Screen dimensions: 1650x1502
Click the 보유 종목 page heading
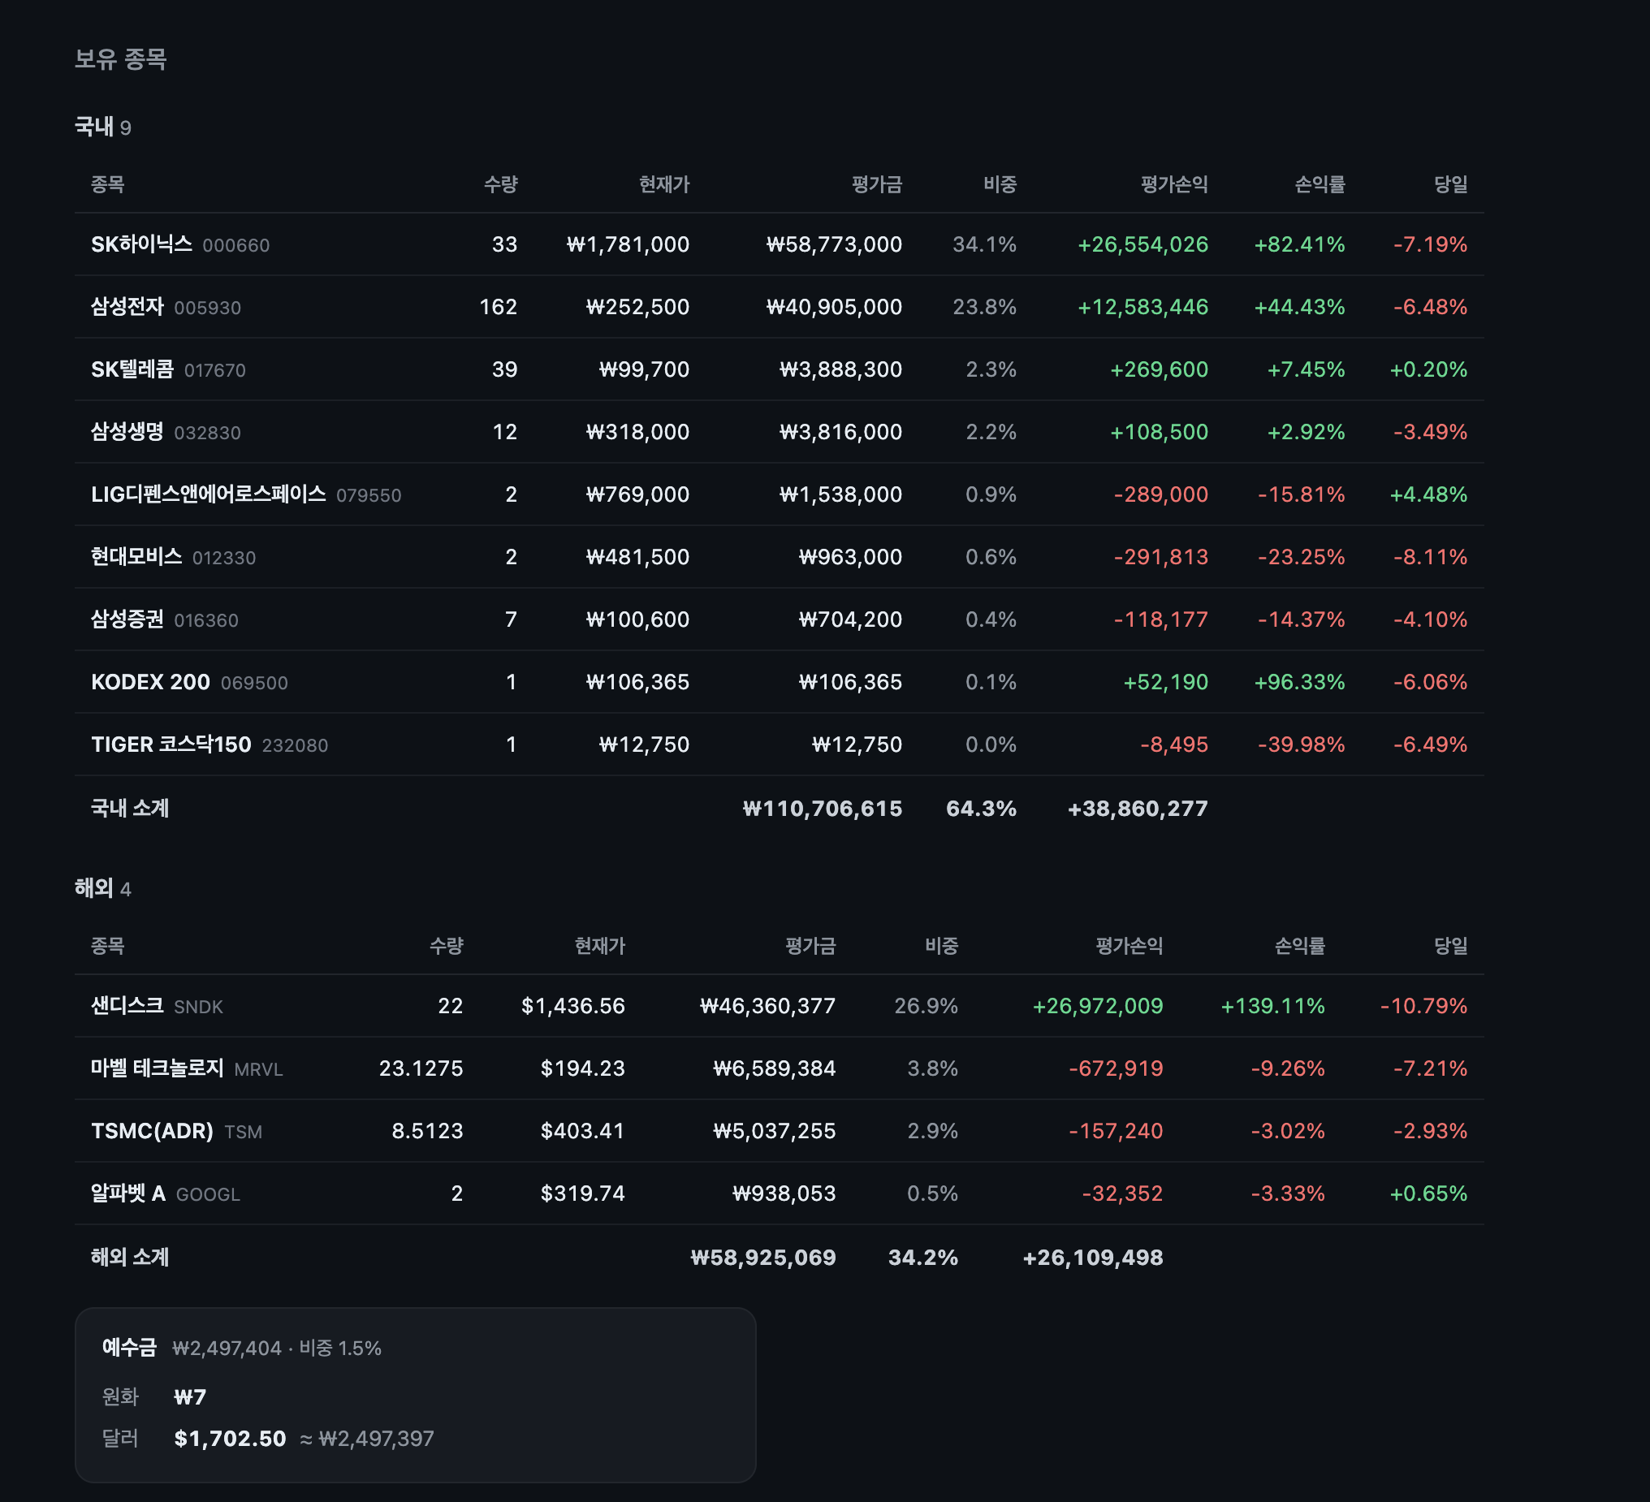[x=120, y=59]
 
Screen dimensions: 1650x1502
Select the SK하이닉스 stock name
[x=141, y=244]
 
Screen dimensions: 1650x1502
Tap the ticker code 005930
[x=208, y=308]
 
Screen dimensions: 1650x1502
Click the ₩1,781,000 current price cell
[x=628, y=244]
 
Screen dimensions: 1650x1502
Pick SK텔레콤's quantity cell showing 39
[x=504, y=369]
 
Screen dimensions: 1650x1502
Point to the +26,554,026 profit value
[x=1142, y=244]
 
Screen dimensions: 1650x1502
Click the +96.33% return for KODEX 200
[x=1300, y=682]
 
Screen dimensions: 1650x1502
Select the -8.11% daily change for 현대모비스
[x=1430, y=557]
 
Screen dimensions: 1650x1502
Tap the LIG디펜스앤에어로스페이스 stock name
[x=209, y=494]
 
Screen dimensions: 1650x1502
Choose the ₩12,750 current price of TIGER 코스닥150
[x=644, y=744]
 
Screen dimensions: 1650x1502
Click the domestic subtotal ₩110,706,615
[x=823, y=809]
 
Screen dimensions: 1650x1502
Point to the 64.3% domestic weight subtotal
[x=982, y=809]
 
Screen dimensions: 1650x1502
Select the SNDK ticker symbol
[x=199, y=1007]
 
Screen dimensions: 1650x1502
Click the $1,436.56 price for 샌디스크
[x=573, y=1005]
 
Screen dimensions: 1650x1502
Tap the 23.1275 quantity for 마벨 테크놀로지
[x=421, y=1068]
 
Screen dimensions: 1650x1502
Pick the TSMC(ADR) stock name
[x=152, y=1130]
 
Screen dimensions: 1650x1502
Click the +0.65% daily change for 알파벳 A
[x=1428, y=1193]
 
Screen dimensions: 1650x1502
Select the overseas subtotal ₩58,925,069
[x=763, y=1258]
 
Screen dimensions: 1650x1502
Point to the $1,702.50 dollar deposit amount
[x=230, y=1438]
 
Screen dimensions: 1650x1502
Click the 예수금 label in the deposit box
[x=129, y=1347]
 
